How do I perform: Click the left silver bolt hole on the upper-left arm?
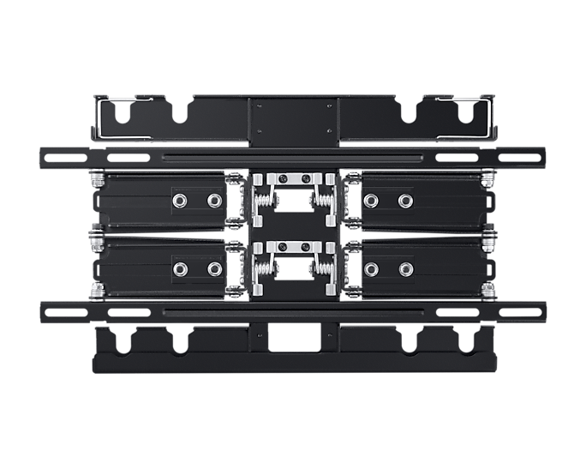180,201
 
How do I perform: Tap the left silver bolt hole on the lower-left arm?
180,269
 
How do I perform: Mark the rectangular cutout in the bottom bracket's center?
293,340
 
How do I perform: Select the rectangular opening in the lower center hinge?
293,270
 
